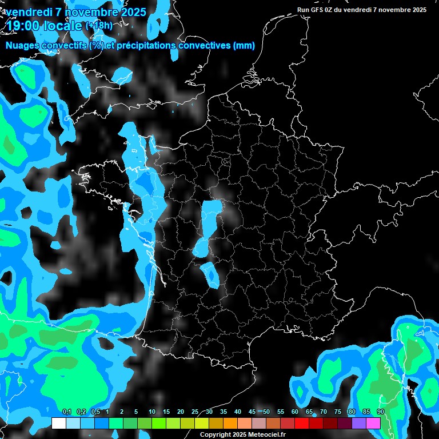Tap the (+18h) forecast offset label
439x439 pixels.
pyautogui.click(x=99, y=25)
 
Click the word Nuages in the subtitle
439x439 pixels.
pyautogui.click(x=23, y=46)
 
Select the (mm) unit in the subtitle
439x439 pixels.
pyautogui.click(x=244, y=46)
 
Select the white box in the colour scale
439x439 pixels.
pyautogui.click(x=58, y=423)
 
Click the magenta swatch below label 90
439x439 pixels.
pyautogui.click(x=373, y=423)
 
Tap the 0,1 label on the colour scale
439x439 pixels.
pyautogui.click(x=67, y=412)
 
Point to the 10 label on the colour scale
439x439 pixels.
pyautogui.click(x=152, y=412)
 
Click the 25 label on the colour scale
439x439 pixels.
pyautogui.click(x=195, y=412)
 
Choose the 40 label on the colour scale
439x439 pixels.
pyautogui.click(x=238, y=412)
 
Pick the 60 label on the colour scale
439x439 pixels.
pyautogui.click(x=295, y=412)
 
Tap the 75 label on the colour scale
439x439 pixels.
pyautogui.click(x=338, y=412)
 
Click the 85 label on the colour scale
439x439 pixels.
pyautogui.click(x=366, y=412)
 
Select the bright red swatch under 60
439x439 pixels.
pyautogui.click(x=302, y=423)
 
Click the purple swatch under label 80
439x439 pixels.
pyautogui.click(x=359, y=423)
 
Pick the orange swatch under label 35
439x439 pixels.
pyautogui.click(x=230, y=423)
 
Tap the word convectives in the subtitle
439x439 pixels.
pyautogui.click(x=203, y=46)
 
